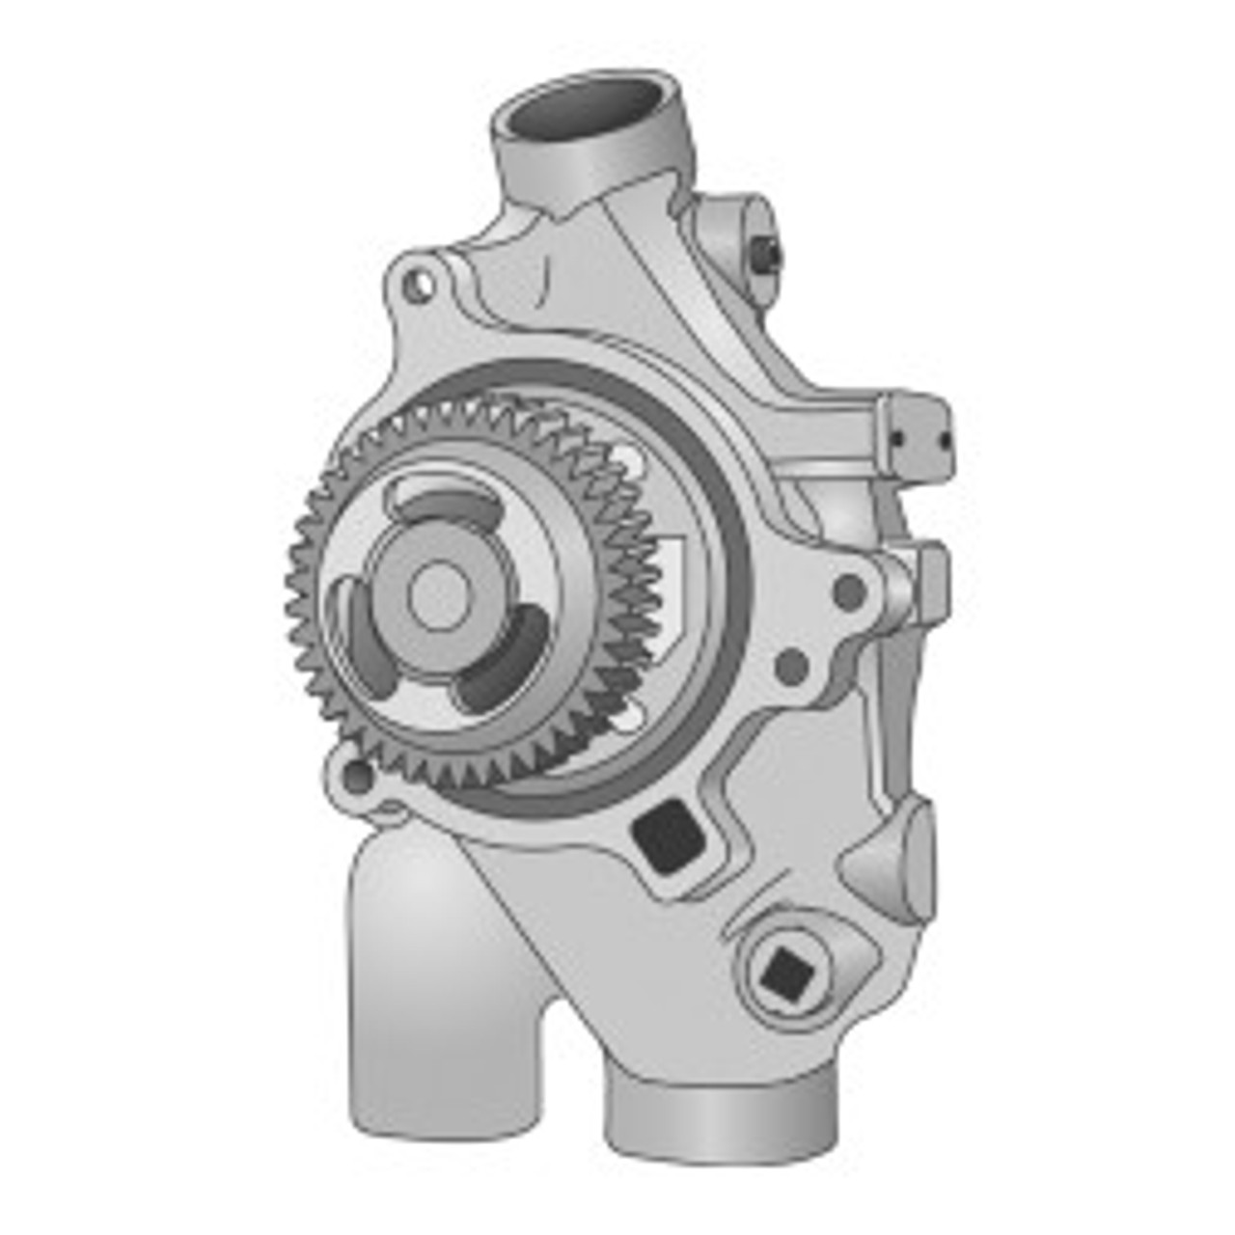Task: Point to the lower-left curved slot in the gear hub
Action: click(364, 638)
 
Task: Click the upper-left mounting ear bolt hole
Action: click(416, 285)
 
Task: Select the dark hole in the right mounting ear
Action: click(848, 590)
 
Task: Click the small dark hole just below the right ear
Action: click(791, 664)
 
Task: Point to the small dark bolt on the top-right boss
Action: click(769, 254)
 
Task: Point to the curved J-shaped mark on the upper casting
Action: click(545, 280)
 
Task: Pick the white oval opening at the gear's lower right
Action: click(632, 715)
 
